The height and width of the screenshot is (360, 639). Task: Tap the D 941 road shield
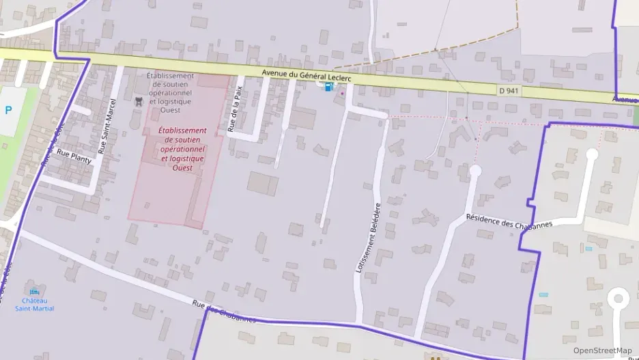click(x=508, y=90)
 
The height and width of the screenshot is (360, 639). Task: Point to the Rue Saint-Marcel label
click(x=108, y=126)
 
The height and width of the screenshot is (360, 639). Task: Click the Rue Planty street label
click(x=74, y=157)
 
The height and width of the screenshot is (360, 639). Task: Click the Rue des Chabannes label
click(x=223, y=311)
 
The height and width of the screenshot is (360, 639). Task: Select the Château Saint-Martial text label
click(x=34, y=305)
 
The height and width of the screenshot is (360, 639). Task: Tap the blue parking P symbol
click(x=8, y=110)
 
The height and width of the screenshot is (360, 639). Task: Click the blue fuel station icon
click(x=329, y=87)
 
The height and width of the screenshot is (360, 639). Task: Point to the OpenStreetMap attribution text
click(x=602, y=350)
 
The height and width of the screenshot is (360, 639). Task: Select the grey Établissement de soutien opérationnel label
click(x=170, y=93)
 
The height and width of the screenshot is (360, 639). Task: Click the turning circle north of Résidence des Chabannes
click(x=476, y=171)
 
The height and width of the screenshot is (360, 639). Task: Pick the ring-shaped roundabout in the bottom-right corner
click(x=619, y=299)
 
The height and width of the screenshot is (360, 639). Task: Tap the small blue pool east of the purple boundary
click(x=543, y=294)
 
